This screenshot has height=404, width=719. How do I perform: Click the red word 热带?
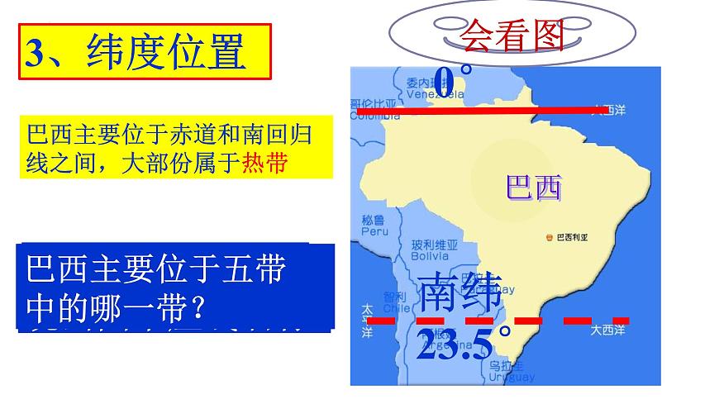[x=264, y=163]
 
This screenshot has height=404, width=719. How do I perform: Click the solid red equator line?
[x=496, y=109]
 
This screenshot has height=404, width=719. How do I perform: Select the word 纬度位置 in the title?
[x=165, y=52]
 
